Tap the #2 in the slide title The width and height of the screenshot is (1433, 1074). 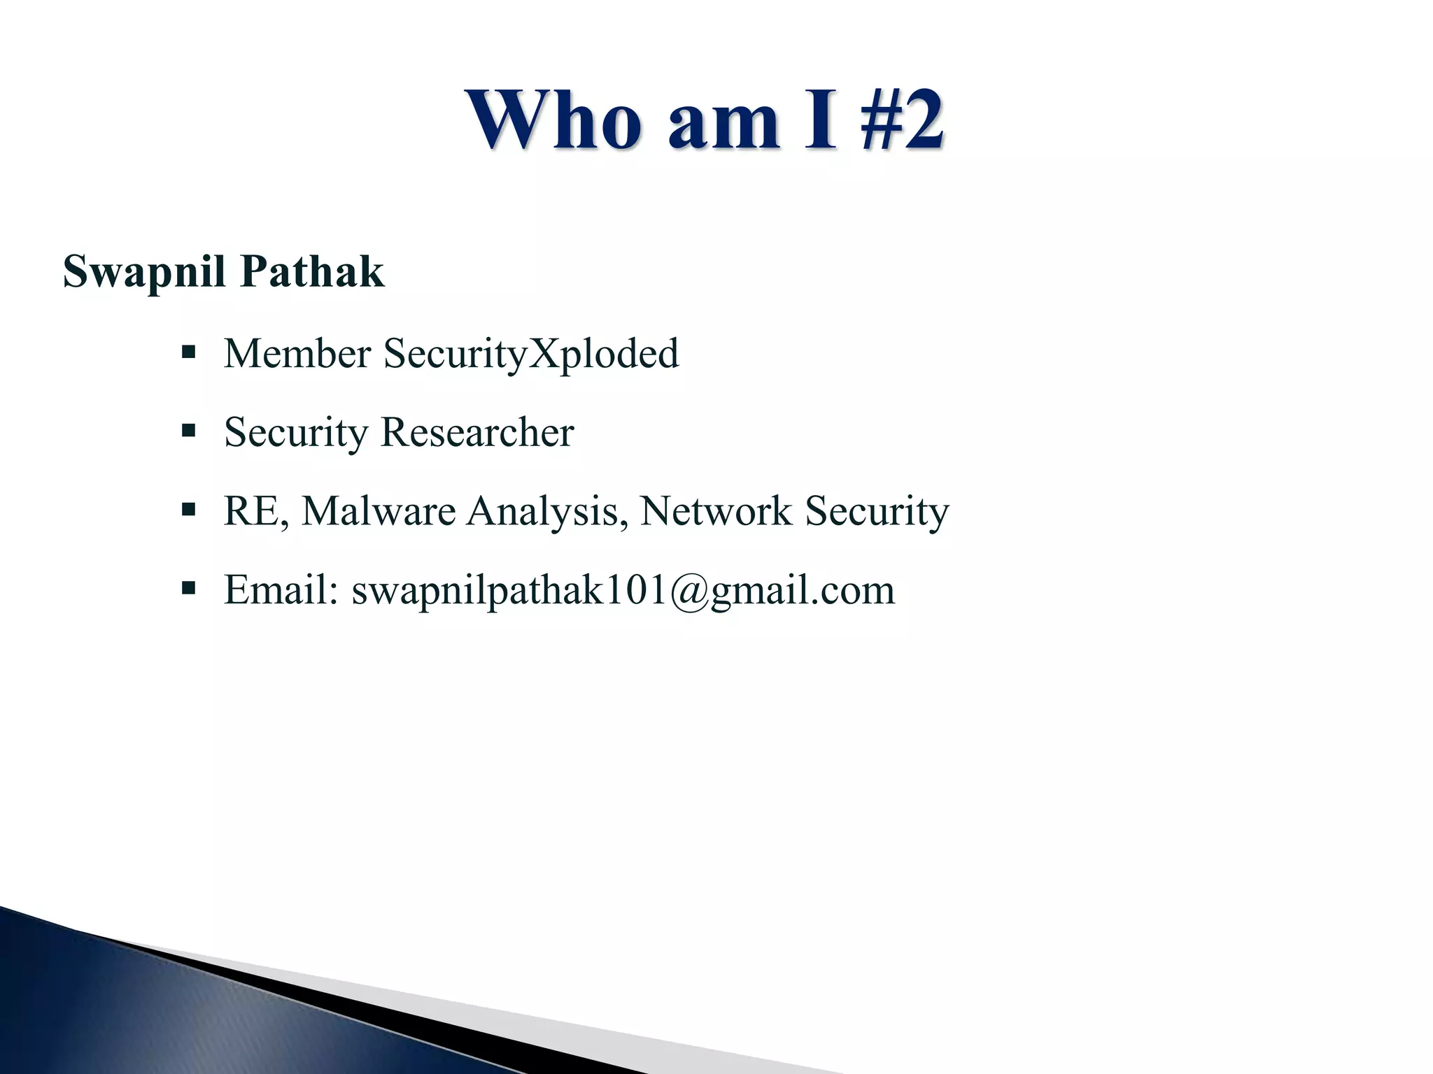tap(903, 120)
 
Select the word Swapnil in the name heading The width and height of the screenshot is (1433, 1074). tap(144, 273)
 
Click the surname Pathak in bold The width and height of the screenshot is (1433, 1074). tap(312, 271)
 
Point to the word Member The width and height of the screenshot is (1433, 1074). tap(297, 353)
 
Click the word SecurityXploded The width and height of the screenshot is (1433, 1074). tap(531, 355)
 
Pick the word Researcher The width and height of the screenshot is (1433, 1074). tap(477, 432)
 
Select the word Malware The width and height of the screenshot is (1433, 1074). tap(379, 511)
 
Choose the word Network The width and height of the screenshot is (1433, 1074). tap(716, 511)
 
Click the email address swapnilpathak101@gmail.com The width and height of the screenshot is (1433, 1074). tap(623, 591)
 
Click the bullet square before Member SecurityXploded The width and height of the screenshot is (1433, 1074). tap(188, 351)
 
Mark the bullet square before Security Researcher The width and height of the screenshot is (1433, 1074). tap(188, 430)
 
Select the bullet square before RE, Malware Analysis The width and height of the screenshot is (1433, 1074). tap(188, 509)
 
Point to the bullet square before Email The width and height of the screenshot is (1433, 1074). tap(188, 588)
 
